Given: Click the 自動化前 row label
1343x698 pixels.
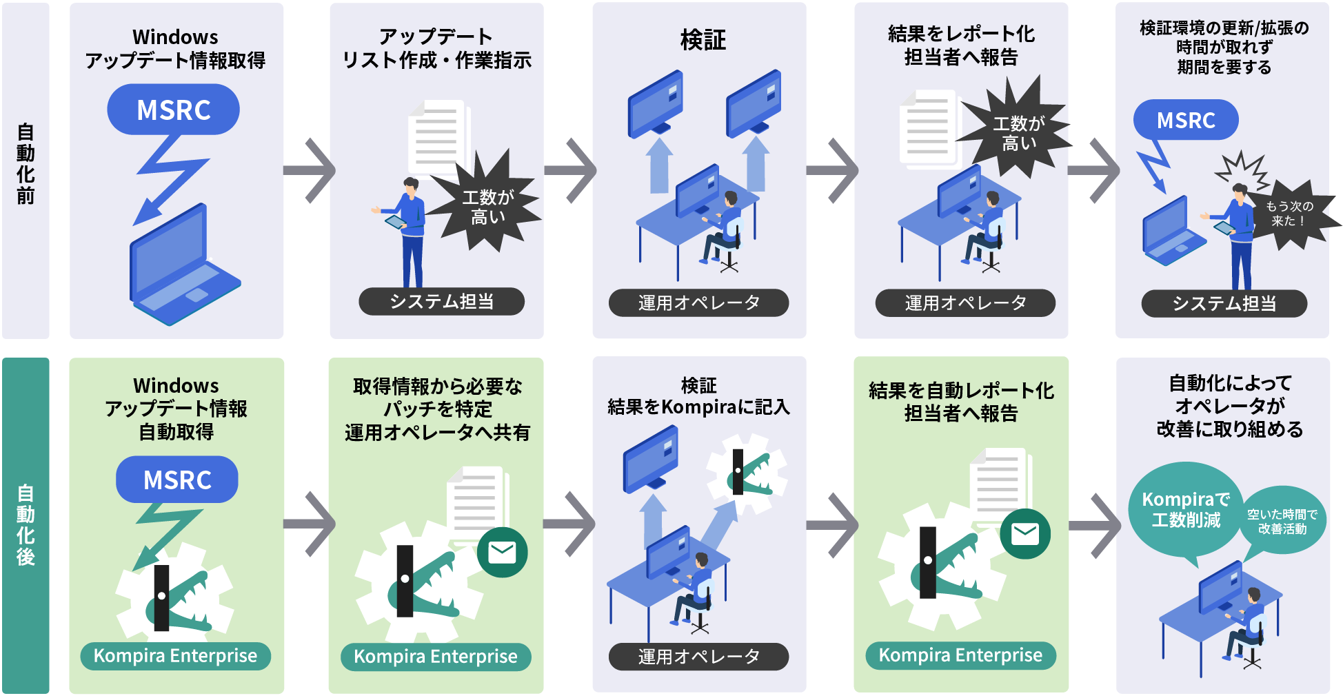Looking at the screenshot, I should [26, 164].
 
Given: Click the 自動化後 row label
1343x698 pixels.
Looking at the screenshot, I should [26, 525].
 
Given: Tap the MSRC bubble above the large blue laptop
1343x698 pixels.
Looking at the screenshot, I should [173, 110].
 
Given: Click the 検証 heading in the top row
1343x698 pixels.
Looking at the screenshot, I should [703, 40].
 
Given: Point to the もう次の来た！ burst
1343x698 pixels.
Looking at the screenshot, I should [1289, 214].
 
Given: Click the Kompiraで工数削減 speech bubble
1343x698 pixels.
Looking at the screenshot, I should [1185, 509].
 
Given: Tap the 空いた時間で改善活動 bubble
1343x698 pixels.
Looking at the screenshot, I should [1282, 522].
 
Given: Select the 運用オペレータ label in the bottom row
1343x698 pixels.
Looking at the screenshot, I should [698, 657].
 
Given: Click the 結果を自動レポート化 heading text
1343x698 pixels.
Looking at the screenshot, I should [961, 391].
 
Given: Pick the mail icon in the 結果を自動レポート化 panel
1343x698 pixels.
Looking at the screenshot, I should [1025, 534].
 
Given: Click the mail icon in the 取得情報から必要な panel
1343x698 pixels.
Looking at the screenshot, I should [502, 552].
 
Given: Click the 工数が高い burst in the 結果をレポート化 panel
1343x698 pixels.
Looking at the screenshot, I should [1018, 133].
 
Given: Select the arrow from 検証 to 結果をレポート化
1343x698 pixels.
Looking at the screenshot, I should [832, 170].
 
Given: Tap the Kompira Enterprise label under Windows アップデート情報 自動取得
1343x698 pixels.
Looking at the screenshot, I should [175, 656].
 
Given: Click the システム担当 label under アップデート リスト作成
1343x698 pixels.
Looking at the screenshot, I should [441, 302].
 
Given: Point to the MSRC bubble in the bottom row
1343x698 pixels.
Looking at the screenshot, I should [177, 480].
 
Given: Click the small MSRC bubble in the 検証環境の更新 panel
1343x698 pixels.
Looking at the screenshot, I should [1186, 120].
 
